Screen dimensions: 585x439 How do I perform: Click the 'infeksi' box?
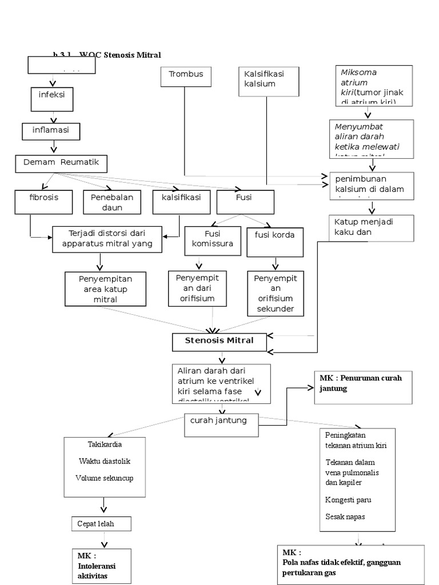(x=52, y=98)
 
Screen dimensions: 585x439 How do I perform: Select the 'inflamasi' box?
(x=51, y=131)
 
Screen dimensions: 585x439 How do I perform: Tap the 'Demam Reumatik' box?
(x=61, y=163)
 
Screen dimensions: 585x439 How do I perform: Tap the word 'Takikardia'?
(x=105, y=444)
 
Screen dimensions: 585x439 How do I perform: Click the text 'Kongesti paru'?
(x=348, y=500)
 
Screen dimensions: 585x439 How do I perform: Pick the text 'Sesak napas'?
(x=345, y=516)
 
